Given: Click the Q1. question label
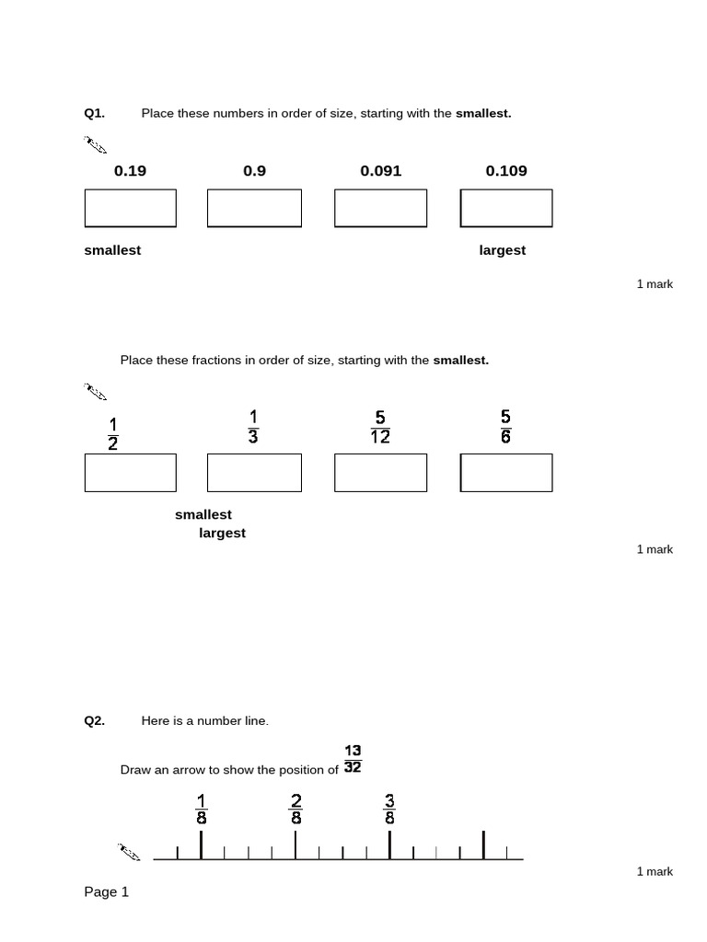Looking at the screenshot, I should (94, 113).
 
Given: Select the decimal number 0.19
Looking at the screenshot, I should (130, 170).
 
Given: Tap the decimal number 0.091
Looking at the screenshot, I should (380, 170).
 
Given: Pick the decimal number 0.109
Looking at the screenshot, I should (506, 170).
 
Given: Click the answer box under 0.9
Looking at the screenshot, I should (254, 208).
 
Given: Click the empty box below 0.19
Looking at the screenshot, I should (130, 208).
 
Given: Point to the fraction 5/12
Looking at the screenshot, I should (380, 428).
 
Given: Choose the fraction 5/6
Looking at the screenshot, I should (505, 427).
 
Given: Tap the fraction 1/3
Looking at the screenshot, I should (253, 427).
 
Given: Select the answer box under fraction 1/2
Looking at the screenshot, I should (130, 473).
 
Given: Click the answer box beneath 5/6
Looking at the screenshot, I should (506, 473).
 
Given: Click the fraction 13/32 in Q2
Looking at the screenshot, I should (353, 759).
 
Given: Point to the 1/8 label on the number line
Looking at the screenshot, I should (202, 808).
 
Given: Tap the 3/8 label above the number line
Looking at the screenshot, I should (389, 808).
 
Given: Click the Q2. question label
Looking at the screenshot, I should (94, 721).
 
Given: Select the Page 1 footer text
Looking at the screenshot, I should (107, 891).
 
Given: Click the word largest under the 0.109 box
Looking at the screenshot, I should (503, 250).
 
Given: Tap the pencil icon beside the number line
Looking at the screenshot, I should (129, 852).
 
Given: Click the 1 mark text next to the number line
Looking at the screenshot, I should (655, 871).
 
